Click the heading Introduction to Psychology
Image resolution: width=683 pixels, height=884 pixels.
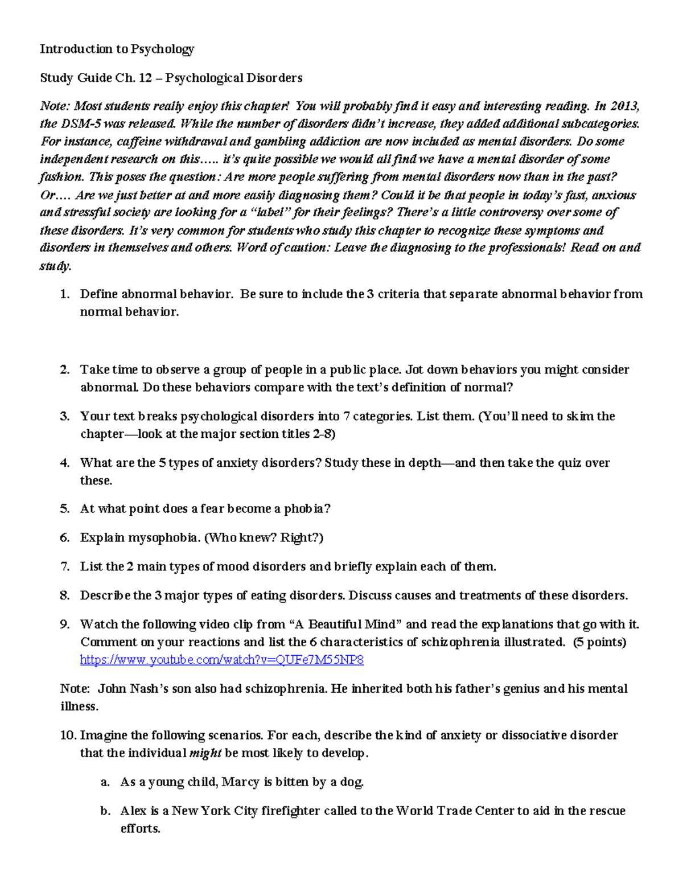tap(117, 49)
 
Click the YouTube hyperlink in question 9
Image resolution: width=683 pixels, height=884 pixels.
tap(222, 660)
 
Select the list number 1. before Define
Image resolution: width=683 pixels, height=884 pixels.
tap(64, 294)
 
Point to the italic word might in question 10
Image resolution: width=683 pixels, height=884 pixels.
tap(205, 753)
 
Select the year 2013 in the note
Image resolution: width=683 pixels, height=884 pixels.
tap(625, 106)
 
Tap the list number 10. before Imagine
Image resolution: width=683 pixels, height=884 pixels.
tap(68, 735)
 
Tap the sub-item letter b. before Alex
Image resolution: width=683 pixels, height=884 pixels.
tap(105, 811)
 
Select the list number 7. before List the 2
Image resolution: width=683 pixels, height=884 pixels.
tap(64, 567)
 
